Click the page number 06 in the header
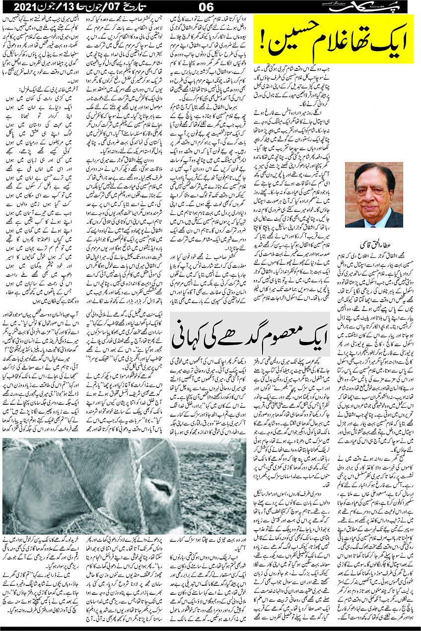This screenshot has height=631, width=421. [x=206, y=7]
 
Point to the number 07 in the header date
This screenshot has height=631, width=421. [x=118, y=7]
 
